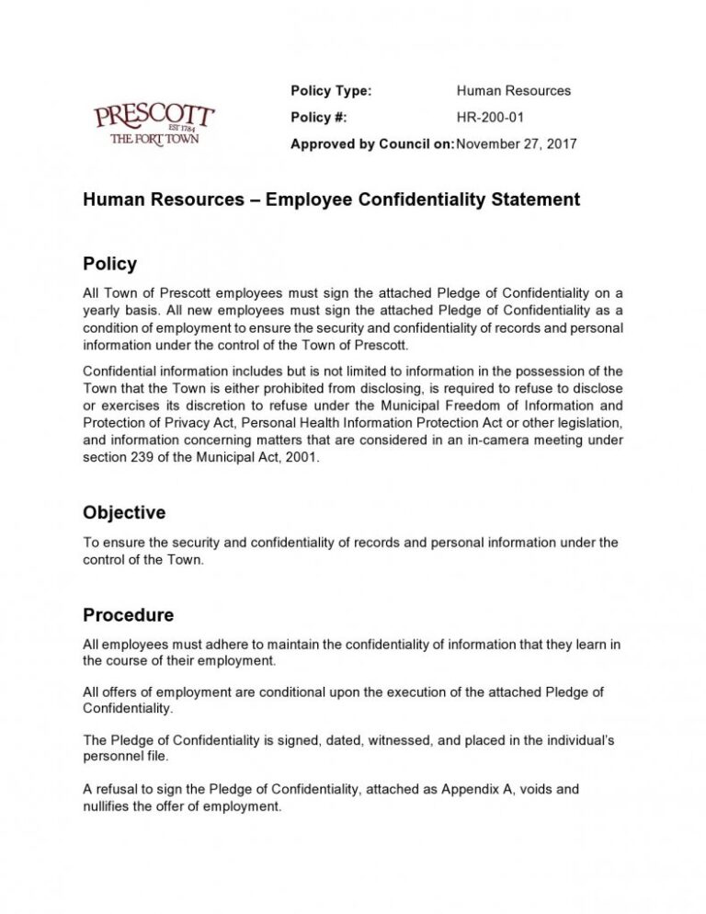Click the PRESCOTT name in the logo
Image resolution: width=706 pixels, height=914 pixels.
[154, 117]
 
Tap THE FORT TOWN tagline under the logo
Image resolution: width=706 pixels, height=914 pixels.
[154, 139]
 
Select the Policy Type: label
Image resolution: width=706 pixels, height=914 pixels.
[331, 90]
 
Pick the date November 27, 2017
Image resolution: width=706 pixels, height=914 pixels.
[517, 143]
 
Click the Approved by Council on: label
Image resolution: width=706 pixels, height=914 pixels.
[371, 143]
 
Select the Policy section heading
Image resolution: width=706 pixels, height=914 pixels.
[109, 264]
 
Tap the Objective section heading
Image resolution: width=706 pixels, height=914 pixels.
[124, 512]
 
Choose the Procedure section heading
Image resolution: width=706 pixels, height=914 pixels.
[128, 614]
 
